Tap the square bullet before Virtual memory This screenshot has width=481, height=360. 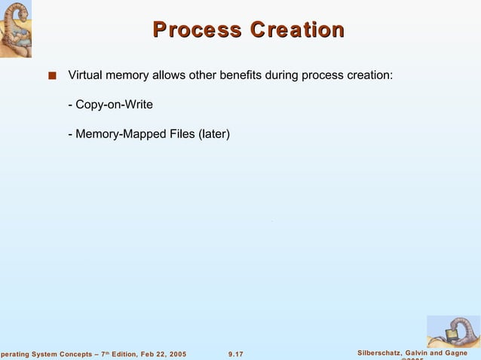click(51, 75)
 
